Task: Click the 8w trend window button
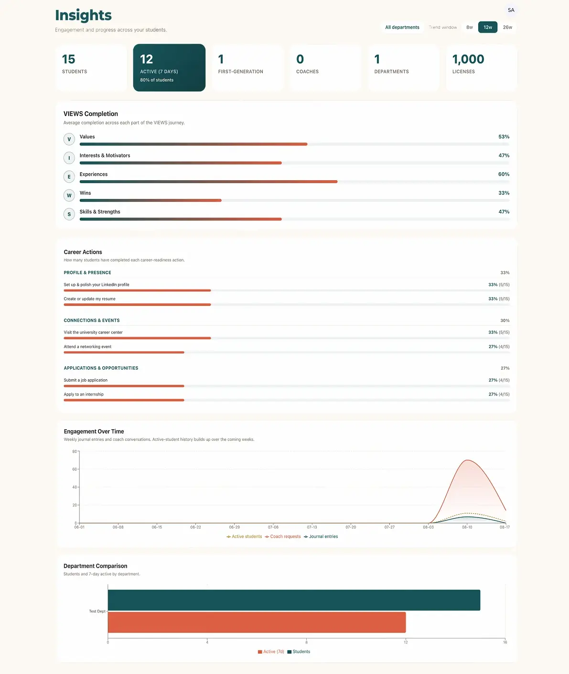[x=470, y=27]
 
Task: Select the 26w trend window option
[x=507, y=27]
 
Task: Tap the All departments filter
[x=402, y=27]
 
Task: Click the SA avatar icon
[x=511, y=10]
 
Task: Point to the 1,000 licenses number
[x=468, y=59]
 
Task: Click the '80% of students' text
[x=157, y=80]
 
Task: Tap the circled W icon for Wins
[x=69, y=195]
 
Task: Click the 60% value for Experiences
[x=504, y=174]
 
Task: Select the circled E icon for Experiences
[x=69, y=176]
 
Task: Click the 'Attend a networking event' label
[x=87, y=347]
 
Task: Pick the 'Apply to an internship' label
[x=84, y=394]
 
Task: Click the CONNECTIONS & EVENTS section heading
[x=92, y=320]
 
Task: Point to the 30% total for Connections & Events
[x=505, y=321]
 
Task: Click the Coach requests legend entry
[x=283, y=537]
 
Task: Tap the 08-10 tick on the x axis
[x=467, y=527]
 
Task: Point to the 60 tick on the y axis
[x=75, y=469]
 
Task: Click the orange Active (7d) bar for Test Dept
[x=257, y=622]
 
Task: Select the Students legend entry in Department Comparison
[x=299, y=652]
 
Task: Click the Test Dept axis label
[x=97, y=611]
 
